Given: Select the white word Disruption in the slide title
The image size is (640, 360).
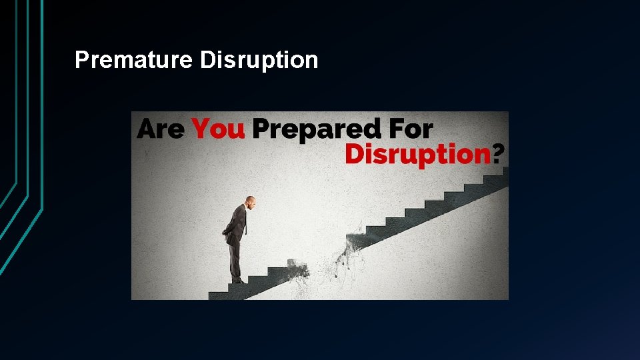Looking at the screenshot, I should click(259, 60).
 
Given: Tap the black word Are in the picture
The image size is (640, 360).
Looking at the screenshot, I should click(161, 129).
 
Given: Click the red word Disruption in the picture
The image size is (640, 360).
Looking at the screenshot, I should click(418, 154).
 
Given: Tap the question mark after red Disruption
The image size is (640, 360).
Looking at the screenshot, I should click(499, 154).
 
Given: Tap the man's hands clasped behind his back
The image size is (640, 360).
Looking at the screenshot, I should click(225, 232).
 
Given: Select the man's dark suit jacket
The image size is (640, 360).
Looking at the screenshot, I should click(235, 223).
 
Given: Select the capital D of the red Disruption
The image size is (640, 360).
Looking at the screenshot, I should click(354, 154).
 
